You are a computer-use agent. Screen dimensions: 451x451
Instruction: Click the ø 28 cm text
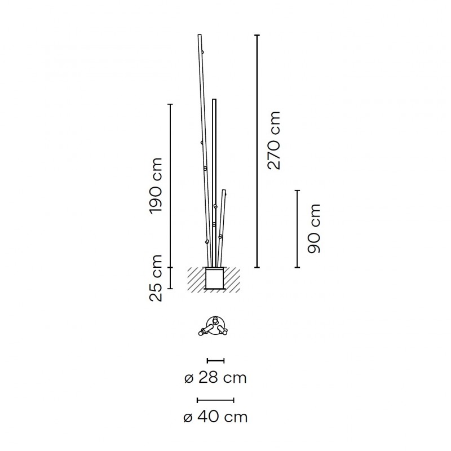coord(215,378)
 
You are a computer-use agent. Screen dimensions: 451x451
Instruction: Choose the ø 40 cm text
coord(215,418)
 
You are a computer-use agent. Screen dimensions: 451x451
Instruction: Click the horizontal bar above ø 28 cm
coord(215,360)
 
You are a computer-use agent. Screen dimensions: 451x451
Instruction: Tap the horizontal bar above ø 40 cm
coord(215,400)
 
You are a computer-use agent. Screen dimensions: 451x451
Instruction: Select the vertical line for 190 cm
coord(171,185)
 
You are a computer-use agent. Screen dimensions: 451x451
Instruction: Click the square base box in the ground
coord(214,278)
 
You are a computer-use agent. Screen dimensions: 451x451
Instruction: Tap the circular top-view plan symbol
coord(214,325)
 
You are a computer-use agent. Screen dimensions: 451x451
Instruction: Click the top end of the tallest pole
coord(200,36)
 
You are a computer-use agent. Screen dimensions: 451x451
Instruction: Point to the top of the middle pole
coord(214,100)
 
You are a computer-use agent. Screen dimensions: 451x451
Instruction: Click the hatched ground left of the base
coord(196,278)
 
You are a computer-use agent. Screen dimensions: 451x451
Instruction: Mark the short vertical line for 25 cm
coord(171,278)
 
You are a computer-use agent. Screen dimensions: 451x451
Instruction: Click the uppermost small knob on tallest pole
coord(202,52)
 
